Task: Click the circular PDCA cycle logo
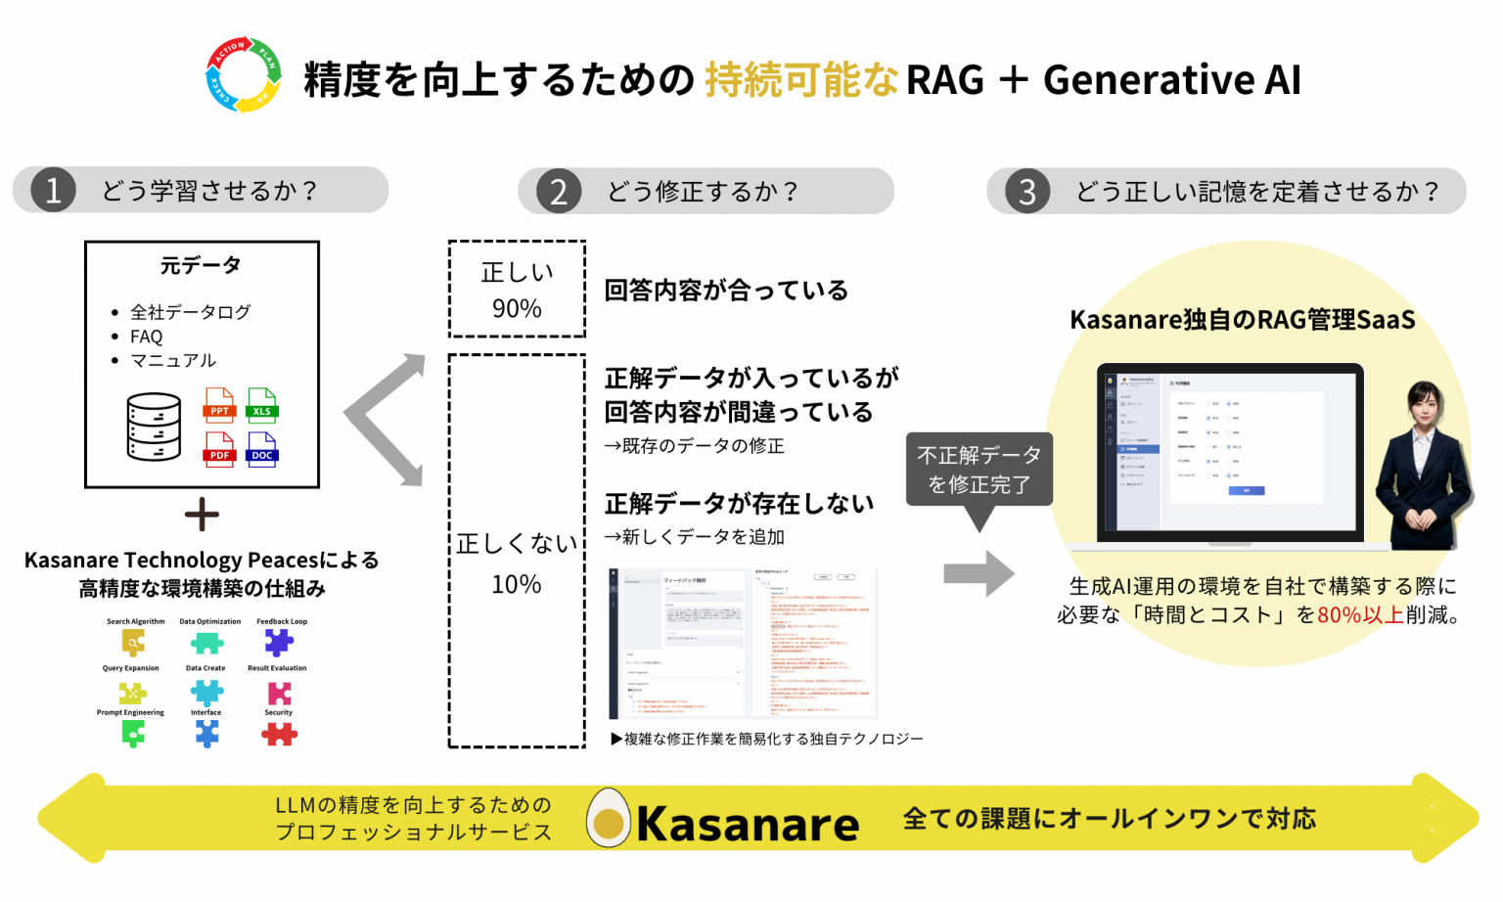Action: pos(244,75)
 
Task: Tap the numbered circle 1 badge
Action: pos(53,190)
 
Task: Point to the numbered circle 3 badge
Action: pos(1026,191)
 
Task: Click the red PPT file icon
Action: pos(219,405)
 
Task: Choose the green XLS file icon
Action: pos(262,405)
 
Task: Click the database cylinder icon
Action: pos(154,427)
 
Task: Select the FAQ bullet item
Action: pos(147,337)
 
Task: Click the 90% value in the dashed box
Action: pos(517,309)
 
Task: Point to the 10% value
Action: pos(517,585)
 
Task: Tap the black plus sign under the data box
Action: pos(202,515)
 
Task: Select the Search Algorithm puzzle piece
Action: pos(134,643)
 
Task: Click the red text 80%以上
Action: pos(1361,615)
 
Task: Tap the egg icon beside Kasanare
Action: pos(609,820)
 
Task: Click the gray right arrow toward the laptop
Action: pos(979,574)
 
